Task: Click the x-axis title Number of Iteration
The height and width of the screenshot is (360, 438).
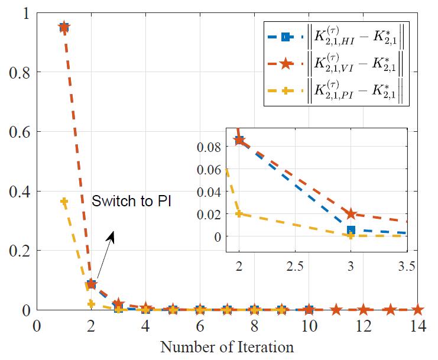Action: pyautogui.click(x=227, y=346)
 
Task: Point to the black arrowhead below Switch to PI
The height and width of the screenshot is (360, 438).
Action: pyautogui.click(x=111, y=235)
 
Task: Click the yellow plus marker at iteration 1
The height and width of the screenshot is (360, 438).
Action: pyautogui.click(x=64, y=202)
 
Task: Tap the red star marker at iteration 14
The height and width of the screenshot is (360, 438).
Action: pyautogui.click(x=417, y=309)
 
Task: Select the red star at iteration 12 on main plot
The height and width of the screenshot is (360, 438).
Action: pyautogui.click(x=363, y=309)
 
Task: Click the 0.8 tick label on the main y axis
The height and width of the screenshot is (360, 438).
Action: pyautogui.click(x=24, y=72)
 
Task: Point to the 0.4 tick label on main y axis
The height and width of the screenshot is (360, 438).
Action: pyautogui.click(x=24, y=191)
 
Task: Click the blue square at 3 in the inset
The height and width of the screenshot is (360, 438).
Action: pyautogui.click(x=351, y=230)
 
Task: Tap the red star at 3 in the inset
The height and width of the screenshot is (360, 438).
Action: pyautogui.click(x=351, y=213)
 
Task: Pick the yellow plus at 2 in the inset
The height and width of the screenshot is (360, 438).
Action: pyautogui.click(x=239, y=213)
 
